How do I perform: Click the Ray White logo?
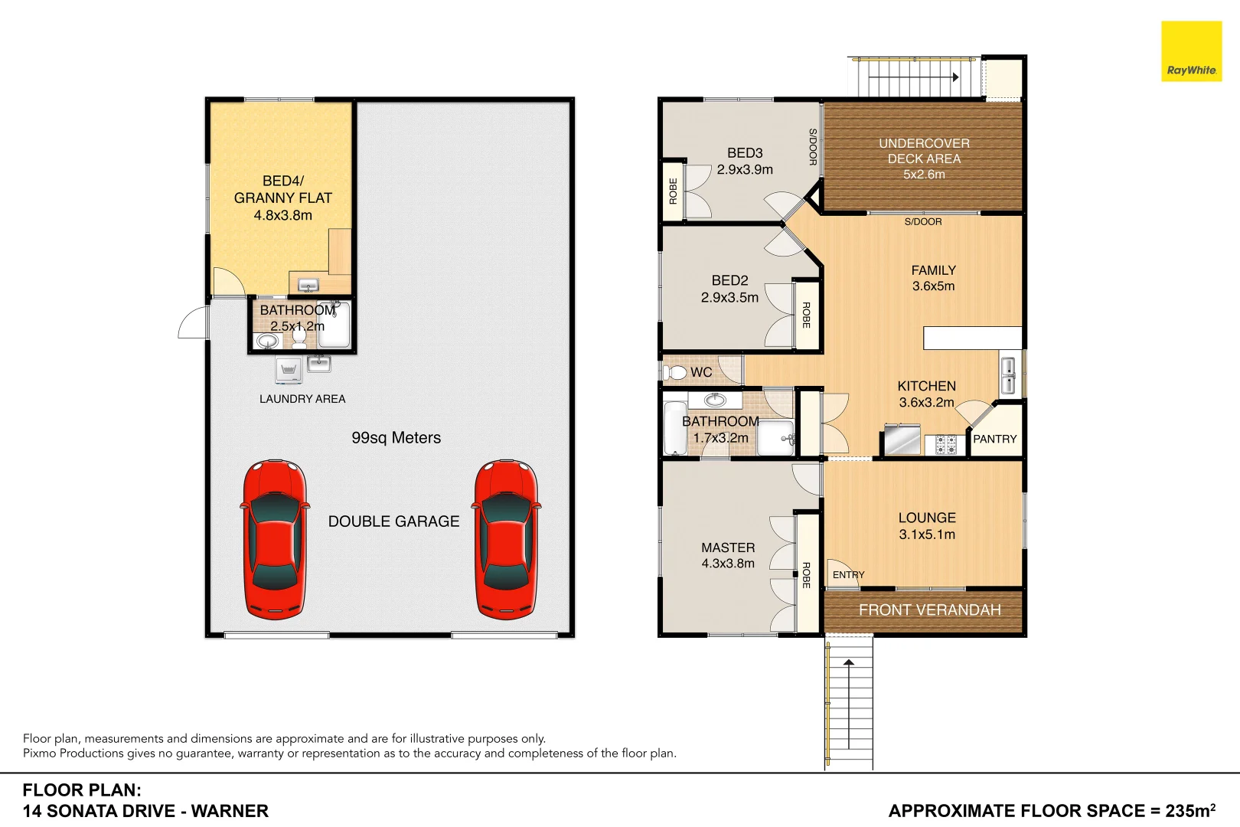click(x=1191, y=51)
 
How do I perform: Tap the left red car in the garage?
click(x=276, y=539)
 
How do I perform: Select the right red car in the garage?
click(x=506, y=539)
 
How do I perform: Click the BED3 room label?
click(x=745, y=153)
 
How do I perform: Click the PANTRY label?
click(x=994, y=440)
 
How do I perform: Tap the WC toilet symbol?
click(x=675, y=372)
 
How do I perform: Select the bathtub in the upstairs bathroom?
click(x=674, y=429)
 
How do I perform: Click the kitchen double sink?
click(x=1008, y=375)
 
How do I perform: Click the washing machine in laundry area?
click(x=289, y=370)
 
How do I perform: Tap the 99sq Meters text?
click(x=396, y=438)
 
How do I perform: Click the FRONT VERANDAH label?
click(x=929, y=610)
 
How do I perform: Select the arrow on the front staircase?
click(x=849, y=662)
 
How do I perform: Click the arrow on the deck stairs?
click(x=955, y=77)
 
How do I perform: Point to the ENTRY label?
click(x=848, y=575)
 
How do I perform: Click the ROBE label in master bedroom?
click(x=806, y=575)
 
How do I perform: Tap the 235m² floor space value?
click(x=1190, y=810)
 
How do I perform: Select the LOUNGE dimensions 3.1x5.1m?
click(x=927, y=534)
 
